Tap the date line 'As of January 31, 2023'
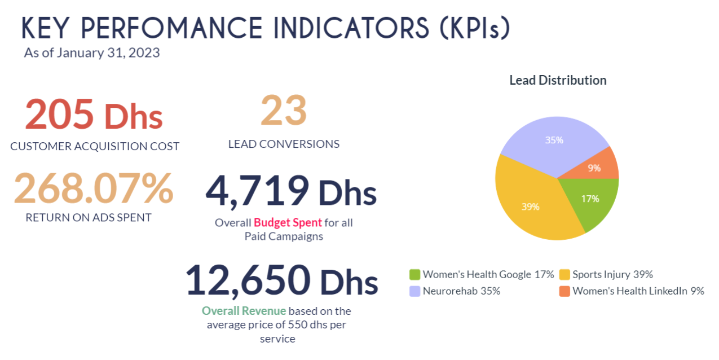point(92,53)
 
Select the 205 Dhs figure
point(94,115)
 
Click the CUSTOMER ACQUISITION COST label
point(95,146)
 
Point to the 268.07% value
point(93,189)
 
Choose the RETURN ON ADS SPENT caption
point(89,217)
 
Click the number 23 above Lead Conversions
point(284,111)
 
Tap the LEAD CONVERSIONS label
point(284,144)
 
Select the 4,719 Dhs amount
point(290,191)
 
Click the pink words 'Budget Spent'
point(288,223)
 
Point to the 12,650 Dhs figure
point(281,280)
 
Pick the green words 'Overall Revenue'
point(244,311)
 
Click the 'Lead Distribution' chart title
point(558,80)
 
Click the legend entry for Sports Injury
point(606,275)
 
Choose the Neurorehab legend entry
point(456,291)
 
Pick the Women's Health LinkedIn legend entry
point(632,291)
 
